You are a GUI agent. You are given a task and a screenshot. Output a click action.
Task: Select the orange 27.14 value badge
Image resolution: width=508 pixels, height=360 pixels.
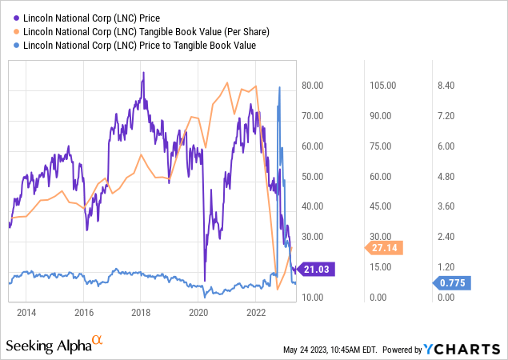[387, 247]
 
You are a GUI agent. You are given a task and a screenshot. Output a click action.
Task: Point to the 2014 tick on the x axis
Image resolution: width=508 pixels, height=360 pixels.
[26, 311]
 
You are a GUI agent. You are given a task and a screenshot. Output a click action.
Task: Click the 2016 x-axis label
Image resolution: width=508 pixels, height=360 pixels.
[84, 311]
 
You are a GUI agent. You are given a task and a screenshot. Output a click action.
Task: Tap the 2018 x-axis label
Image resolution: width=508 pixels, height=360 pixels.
[141, 311]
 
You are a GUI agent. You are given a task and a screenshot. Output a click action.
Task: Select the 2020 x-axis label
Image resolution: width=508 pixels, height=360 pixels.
[198, 311]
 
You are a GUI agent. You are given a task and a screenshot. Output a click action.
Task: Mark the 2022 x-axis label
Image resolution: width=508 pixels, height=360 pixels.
[256, 311]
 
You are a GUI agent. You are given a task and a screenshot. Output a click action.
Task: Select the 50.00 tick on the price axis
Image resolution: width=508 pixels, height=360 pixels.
[311, 176]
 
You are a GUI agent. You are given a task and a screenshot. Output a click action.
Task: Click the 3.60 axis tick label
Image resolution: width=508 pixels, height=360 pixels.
[444, 206]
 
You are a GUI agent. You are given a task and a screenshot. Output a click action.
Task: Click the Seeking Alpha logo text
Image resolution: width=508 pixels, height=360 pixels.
[54, 346]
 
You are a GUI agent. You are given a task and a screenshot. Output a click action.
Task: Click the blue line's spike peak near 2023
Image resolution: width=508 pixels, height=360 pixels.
[279, 86]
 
